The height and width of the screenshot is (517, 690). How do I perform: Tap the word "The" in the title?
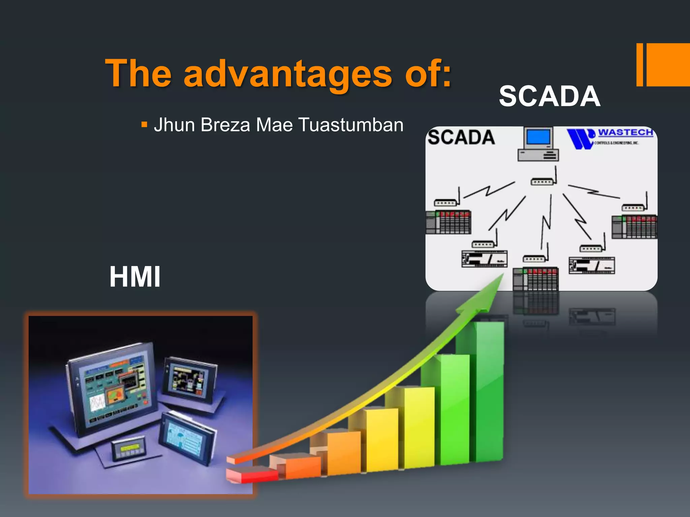[138, 73]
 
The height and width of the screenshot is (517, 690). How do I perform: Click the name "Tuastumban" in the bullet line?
[351, 125]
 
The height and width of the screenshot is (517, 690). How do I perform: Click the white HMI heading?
[135, 277]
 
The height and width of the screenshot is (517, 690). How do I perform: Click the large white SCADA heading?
[550, 96]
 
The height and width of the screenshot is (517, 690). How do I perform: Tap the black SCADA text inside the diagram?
[461, 137]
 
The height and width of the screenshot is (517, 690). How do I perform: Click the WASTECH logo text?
[625, 133]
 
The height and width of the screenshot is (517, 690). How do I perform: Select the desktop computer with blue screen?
[538, 144]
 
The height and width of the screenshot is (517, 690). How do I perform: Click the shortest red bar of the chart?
[253, 475]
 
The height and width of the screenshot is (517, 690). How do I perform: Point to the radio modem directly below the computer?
[542, 182]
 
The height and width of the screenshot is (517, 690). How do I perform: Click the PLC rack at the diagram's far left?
[448, 222]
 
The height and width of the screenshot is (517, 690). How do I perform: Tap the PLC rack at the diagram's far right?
[634, 227]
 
